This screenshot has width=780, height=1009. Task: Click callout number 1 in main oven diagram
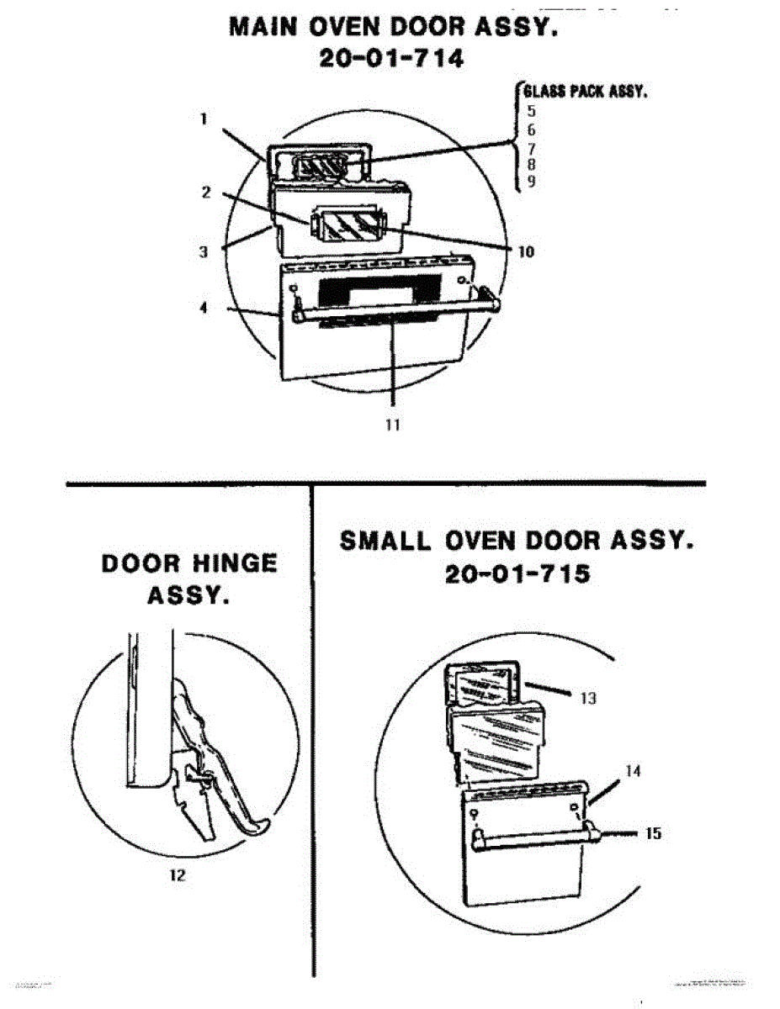[204, 119]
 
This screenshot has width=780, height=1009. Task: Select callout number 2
[204, 192]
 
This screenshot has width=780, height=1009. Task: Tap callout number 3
[204, 251]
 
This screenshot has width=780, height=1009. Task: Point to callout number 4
[204, 307]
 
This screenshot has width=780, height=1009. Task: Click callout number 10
[527, 251]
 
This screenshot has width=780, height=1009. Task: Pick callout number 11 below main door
[391, 425]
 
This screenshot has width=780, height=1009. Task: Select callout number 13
[589, 698]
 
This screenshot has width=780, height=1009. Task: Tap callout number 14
[634, 770]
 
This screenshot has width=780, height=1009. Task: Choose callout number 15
[654, 833]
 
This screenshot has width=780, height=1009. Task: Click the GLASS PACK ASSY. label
[584, 92]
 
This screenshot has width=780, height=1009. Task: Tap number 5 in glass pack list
[531, 110]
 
